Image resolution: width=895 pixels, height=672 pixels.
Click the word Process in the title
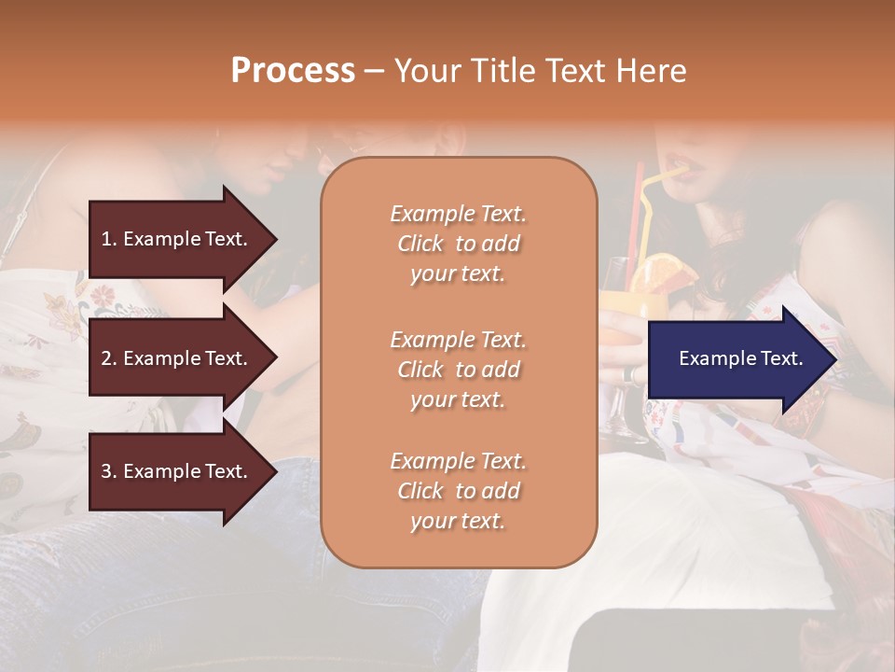(293, 71)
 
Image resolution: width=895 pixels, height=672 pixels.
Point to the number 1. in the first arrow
(109, 239)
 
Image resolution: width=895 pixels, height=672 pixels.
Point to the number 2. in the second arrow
(109, 358)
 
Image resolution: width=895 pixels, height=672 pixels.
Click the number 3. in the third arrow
(109, 471)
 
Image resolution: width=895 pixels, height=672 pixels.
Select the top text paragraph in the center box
(459, 244)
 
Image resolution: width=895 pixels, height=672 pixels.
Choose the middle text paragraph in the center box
(459, 370)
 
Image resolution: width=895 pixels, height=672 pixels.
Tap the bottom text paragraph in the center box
(459, 491)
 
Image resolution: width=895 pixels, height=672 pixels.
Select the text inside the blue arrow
(741, 358)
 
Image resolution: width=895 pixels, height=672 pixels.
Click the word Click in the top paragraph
(420, 244)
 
